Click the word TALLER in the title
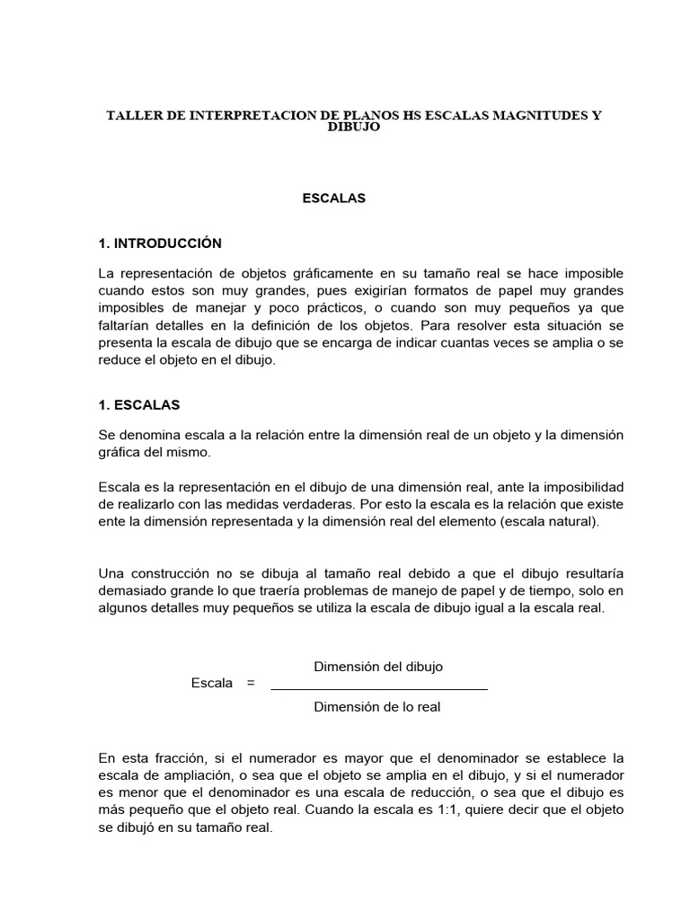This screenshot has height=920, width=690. pyautogui.click(x=131, y=116)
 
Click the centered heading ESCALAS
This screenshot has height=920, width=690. pyautogui.click(x=333, y=199)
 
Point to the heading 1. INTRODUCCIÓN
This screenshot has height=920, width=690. pyautogui.click(x=160, y=243)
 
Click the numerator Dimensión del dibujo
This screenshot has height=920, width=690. pyautogui.click(x=377, y=666)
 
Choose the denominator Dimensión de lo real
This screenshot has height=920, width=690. pyautogui.click(x=376, y=707)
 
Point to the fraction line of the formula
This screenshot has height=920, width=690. pyautogui.click(x=378, y=688)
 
